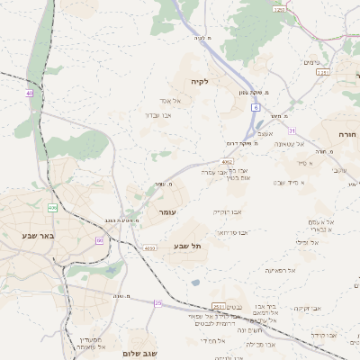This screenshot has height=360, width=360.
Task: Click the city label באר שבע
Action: [x=38, y=236]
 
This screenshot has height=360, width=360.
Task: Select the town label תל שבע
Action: [x=188, y=246]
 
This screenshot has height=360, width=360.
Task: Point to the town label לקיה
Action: [x=199, y=81]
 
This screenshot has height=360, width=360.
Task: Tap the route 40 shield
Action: [x=30, y=93]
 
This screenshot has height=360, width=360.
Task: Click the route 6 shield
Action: [x=256, y=107]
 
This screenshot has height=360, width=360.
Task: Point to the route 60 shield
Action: [x=99, y=240]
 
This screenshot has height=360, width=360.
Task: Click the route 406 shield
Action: [x=53, y=208]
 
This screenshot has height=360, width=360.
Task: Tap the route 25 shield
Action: [x=158, y=303]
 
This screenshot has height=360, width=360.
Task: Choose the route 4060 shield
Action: [x=149, y=247]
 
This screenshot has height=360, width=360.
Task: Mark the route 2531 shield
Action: [x=218, y=306]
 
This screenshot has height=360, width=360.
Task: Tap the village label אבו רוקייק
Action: [x=227, y=212]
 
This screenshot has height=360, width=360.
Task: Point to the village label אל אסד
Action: [x=171, y=101]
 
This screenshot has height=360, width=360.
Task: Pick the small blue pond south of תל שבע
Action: [x=195, y=283]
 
